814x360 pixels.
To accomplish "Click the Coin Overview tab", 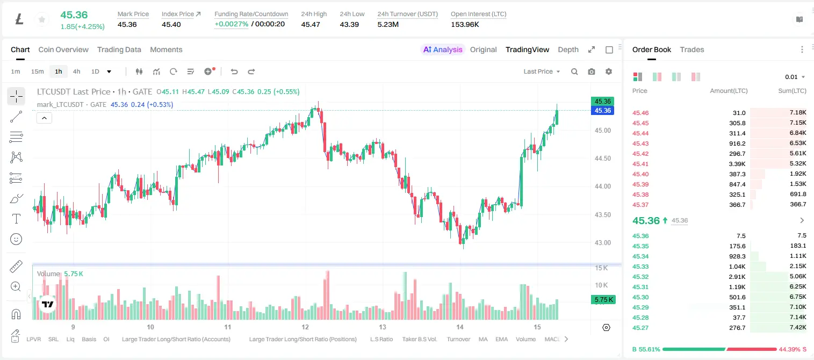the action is (63, 49).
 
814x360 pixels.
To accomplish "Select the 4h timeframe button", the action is (76, 71).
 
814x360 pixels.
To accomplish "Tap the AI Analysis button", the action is (443, 49).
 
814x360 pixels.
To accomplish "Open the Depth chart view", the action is (568, 49).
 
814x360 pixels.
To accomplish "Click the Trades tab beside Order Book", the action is (692, 49).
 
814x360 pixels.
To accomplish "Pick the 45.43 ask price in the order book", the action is (640, 143).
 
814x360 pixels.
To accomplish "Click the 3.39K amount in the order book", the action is (737, 164).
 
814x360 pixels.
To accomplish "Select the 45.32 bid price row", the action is (640, 277).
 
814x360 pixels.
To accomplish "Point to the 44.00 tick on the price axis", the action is (602, 186).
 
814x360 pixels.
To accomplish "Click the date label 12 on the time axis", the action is (305, 327).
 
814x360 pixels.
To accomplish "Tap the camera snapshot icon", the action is (591, 71).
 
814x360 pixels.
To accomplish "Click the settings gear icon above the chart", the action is (609, 71).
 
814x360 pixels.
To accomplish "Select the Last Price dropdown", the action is (542, 71).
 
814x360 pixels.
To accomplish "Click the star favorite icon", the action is (42, 19).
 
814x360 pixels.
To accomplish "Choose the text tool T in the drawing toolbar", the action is (16, 219).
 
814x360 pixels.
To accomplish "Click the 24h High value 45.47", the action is (311, 24).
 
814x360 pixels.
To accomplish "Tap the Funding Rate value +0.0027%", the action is (232, 24).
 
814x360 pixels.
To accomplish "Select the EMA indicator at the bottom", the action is (501, 339).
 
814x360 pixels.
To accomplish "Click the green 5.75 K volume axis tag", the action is (603, 300).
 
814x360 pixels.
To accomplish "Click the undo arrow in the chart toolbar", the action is (234, 71).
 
